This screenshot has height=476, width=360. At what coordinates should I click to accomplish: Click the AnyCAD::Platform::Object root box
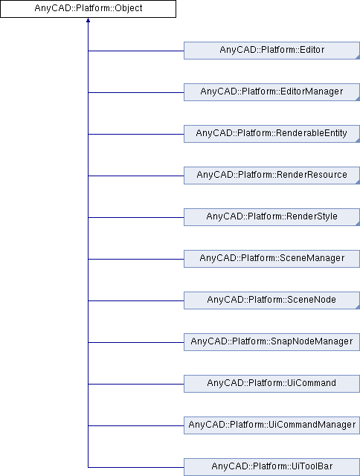coord(88,8)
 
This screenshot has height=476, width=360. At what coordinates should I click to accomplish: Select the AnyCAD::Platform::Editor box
coord(271,51)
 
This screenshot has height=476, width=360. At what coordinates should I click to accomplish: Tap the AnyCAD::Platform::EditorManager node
coord(271,92)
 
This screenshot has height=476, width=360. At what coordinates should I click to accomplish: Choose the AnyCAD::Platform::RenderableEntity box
coord(271,134)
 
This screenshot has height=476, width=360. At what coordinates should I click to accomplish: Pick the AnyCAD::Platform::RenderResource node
coord(271,176)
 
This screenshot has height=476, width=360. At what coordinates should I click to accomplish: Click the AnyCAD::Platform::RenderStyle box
coord(271,217)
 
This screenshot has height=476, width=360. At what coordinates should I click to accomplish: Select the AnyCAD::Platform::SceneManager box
coord(271,259)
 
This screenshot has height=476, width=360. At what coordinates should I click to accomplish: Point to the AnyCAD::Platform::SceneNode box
coord(271,300)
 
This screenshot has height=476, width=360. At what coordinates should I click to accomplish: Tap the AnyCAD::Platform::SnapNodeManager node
coord(271,342)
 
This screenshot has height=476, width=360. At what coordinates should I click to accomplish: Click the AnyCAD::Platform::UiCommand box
coord(271,384)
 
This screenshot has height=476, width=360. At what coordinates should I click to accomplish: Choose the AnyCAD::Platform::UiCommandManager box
coord(271,425)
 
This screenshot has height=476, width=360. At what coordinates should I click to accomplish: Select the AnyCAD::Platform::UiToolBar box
coord(271,467)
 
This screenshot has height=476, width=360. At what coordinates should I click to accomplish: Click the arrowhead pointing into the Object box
coord(88,20)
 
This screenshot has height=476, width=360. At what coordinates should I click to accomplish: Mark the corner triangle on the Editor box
coord(358,57)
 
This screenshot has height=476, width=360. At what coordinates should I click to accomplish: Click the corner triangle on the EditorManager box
coord(358,99)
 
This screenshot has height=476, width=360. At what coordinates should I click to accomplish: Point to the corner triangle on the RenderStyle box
coord(358,224)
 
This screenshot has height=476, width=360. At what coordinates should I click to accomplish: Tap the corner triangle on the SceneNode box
coord(358,307)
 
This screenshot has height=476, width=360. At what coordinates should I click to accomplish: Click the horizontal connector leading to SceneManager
coord(136,259)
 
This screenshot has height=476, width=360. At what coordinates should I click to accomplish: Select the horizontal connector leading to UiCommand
coord(136,384)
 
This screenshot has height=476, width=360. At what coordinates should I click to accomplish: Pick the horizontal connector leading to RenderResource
coord(136,176)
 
